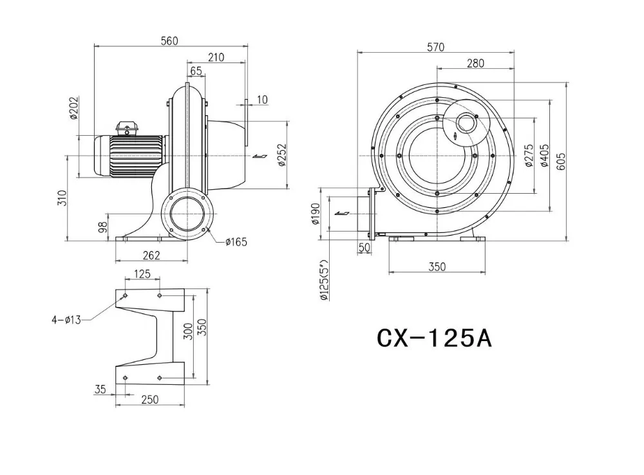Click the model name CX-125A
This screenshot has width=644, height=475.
[x=434, y=337]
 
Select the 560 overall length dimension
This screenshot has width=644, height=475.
[x=169, y=41]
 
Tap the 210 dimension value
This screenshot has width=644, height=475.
[x=216, y=57]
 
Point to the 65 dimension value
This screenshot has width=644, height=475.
[x=196, y=70]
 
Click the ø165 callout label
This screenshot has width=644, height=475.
[x=236, y=242]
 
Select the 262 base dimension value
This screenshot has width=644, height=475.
[x=151, y=256]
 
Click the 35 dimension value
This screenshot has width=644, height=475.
[x=100, y=389]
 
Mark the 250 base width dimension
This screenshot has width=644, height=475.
[x=149, y=400]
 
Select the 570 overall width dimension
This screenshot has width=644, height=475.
[x=436, y=47]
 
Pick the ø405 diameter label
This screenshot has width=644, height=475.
[x=545, y=155]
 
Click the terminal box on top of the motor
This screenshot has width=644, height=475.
[x=126, y=127]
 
